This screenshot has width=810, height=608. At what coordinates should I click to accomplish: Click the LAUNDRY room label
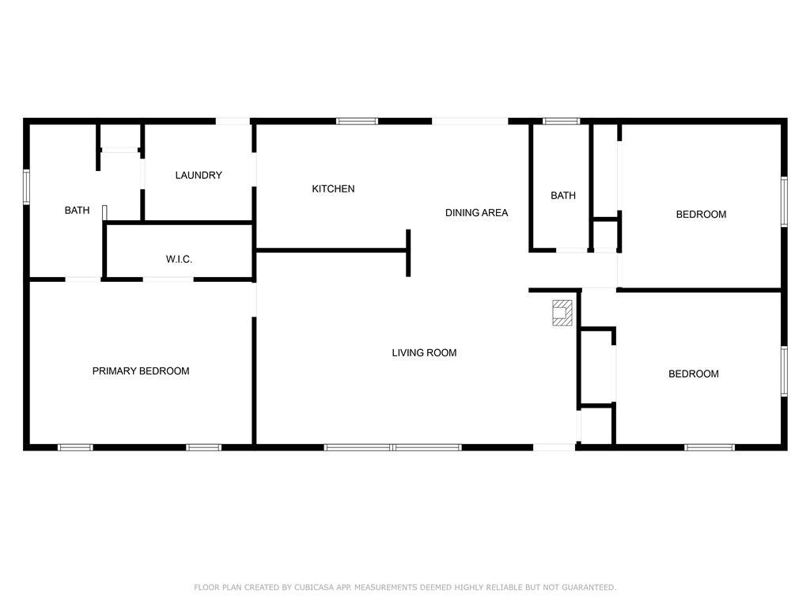tap(199, 175)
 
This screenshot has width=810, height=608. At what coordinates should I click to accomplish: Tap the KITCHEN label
tap(333, 188)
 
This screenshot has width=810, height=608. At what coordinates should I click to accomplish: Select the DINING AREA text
tap(476, 212)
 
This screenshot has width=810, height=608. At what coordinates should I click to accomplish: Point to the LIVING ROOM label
tap(424, 352)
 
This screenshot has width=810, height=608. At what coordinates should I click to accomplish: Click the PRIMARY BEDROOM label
tap(141, 370)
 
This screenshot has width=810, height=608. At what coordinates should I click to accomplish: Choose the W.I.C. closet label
tap(179, 259)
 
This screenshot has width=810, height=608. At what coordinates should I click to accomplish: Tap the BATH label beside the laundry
tap(77, 211)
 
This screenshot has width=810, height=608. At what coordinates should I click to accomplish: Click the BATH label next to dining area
tap(563, 196)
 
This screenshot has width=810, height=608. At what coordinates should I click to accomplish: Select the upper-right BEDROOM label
tap(701, 214)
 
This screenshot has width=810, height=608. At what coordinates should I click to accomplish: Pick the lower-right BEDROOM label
tap(693, 374)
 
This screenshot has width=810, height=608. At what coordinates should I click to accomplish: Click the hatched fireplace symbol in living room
tap(562, 313)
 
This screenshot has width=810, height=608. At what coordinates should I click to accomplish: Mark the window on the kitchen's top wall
tap(357, 121)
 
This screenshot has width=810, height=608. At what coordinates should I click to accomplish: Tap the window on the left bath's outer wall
tap(26, 187)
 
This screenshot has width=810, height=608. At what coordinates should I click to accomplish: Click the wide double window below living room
tap(393, 447)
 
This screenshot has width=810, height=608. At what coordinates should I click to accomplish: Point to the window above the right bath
tap(561, 121)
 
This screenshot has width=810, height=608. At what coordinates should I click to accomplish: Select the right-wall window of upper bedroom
tap(784, 202)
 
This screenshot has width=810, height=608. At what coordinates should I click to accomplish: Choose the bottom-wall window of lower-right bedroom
tap(710, 447)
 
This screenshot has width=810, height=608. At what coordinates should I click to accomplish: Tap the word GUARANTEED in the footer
tap(589, 587)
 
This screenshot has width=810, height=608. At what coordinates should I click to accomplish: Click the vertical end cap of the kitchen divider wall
tap(408, 253)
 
